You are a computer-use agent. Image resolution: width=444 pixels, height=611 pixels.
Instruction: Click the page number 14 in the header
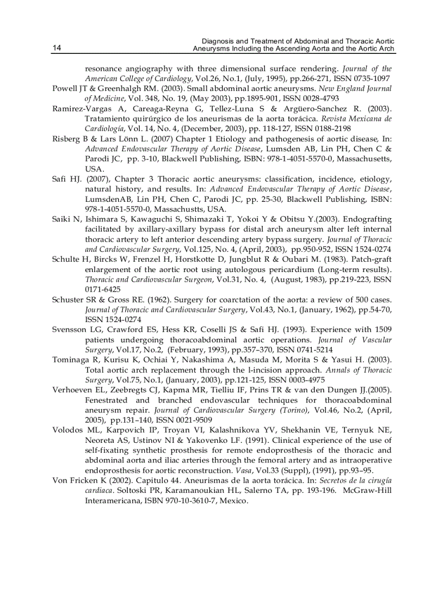pyautogui.click(x=57, y=48)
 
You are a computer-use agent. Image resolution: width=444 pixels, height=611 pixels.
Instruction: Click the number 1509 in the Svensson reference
pyautogui.click(x=381, y=329)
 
